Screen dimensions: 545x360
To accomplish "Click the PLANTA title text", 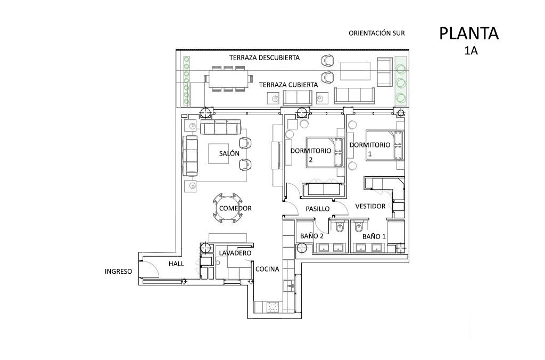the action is coord(469,34).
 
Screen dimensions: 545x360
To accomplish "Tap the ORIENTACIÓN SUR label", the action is coord(377,34).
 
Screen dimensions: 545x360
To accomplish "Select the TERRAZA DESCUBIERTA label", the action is coord(264,58).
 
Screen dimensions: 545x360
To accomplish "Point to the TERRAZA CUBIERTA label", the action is coord(288,85).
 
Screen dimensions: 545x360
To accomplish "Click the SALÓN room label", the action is coord(229,153).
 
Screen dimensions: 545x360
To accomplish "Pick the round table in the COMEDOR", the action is coord(228,208).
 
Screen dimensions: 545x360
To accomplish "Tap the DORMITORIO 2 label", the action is coord(311,155).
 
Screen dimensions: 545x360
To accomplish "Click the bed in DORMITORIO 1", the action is coord(385,145).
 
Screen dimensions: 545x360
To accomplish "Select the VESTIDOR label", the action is coord(370,206).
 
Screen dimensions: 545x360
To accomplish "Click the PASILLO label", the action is coord(318,209).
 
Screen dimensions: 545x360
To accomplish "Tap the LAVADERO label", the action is coord(235,253).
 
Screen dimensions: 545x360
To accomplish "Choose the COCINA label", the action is coord(267,269).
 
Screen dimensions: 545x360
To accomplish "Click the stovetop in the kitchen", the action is coord(275,307).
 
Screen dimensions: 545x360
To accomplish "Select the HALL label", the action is coord(176,264).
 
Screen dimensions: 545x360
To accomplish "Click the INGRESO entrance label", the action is coord(119,271).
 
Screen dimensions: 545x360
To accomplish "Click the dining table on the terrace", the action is coord(229,79).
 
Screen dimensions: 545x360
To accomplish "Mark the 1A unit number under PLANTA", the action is coord(471,51).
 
